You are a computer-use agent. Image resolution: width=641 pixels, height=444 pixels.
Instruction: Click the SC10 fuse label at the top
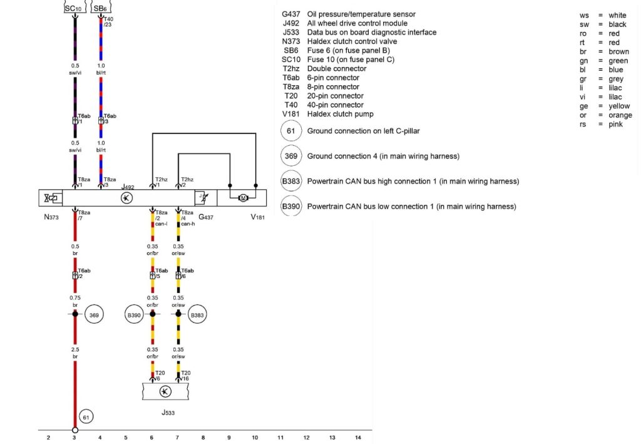pyautogui.click(x=74, y=8)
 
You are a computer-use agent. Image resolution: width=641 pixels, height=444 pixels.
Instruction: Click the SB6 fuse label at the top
pyautogui.click(x=100, y=8)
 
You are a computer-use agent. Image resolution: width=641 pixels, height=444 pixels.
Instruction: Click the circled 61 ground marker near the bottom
pyautogui.click(x=87, y=416)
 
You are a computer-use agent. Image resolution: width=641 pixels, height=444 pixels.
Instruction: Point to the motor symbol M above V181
pyautogui.click(x=242, y=199)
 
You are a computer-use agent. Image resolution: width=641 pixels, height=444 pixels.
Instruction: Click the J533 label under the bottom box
pyautogui.click(x=166, y=413)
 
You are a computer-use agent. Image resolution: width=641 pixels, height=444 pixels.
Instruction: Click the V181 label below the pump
pyautogui.click(x=258, y=218)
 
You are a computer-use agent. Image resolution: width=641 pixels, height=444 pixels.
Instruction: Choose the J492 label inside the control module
pyautogui.click(x=128, y=187)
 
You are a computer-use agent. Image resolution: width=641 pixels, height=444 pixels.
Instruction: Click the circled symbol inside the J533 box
pyautogui.click(x=165, y=391)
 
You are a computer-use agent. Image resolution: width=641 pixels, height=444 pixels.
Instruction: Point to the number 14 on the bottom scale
pyautogui.click(x=358, y=437)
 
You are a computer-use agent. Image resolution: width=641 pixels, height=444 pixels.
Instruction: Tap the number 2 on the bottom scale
pyautogui.click(x=48, y=437)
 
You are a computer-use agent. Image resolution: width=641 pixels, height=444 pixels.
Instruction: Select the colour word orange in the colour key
pyautogui.click(x=620, y=115)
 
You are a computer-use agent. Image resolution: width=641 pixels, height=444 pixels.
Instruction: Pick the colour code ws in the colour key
pyautogui.click(x=585, y=15)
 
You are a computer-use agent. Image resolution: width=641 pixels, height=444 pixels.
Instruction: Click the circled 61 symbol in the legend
pyautogui.click(x=291, y=132)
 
